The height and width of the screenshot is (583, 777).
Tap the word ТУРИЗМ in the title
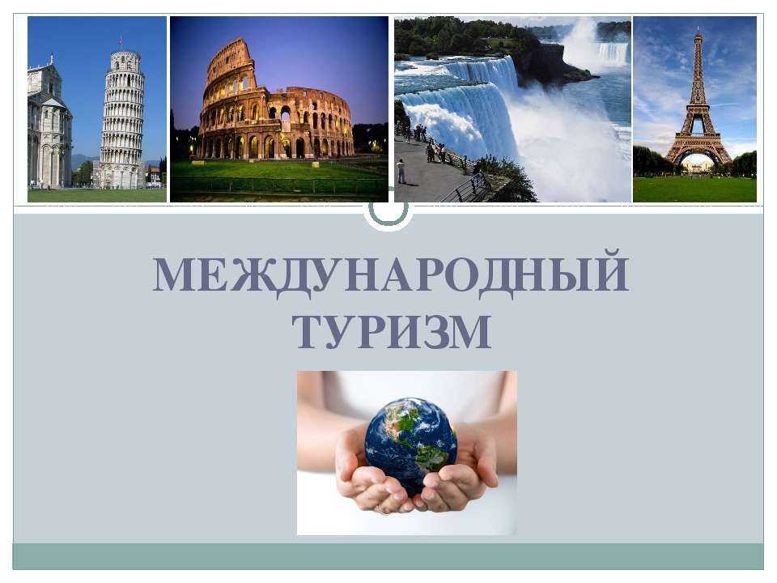tap(391, 332)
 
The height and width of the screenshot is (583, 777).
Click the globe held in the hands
tap(410, 442)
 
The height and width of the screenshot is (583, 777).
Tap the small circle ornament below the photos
tap(388, 209)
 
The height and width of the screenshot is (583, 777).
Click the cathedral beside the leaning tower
tap(49, 130)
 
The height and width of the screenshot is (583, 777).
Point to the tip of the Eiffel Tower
tap(698, 31)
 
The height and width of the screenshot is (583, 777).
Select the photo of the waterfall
tap(512, 109)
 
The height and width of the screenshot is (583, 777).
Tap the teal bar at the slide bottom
tap(388, 556)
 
